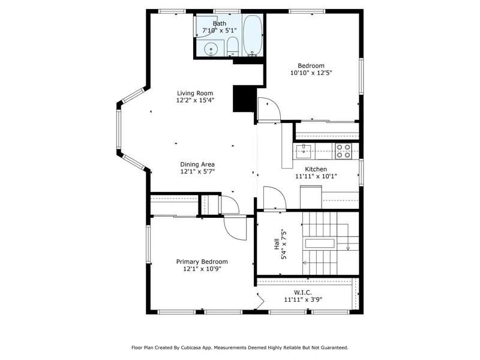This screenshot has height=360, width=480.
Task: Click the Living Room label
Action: point(195,94)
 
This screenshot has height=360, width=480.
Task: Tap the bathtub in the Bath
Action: point(252,35)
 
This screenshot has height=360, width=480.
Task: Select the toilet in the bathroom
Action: point(233,47)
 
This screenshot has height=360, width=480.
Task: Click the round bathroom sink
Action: point(211,49)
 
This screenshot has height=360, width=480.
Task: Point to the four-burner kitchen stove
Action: point(343,151)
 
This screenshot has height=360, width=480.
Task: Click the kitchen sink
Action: point(304,151)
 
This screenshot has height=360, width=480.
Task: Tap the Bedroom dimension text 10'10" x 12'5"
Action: point(311,73)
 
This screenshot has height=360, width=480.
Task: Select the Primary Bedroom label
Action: point(202,262)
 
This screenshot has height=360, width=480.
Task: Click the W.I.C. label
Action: point(303,293)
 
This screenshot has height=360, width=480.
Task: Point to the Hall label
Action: point(277,244)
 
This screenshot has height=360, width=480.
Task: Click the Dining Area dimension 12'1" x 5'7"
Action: point(197,172)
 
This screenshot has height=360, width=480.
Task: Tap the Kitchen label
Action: point(316,169)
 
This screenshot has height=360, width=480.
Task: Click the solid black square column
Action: point(244,98)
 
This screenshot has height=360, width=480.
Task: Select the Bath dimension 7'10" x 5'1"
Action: point(220,31)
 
